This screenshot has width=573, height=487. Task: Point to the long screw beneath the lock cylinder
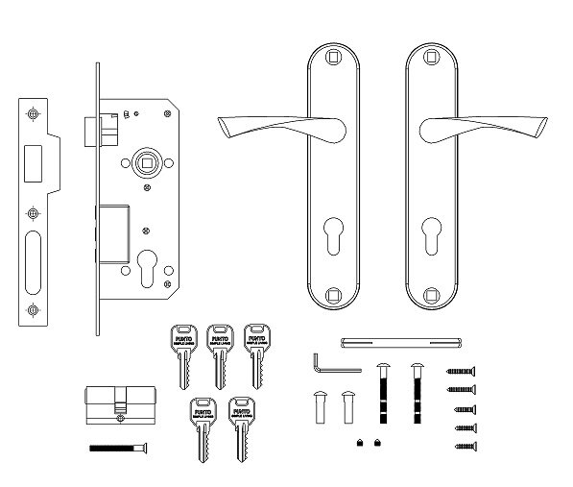click(119, 447)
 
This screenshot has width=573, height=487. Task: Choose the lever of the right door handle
click(464, 124)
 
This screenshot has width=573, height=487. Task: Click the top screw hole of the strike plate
click(35, 114)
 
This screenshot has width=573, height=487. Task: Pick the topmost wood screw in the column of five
click(462, 371)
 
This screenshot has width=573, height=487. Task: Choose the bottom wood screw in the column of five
click(462, 447)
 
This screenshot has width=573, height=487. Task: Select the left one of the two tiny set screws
click(358, 443)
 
